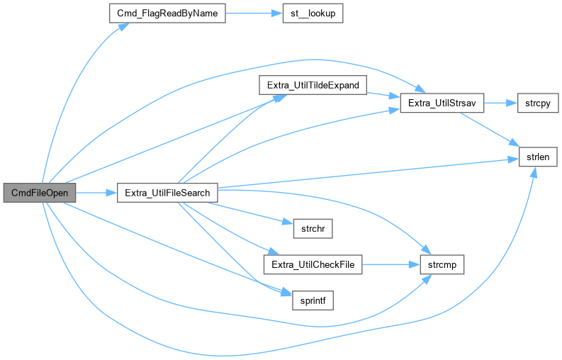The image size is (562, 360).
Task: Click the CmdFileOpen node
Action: coord(39,193)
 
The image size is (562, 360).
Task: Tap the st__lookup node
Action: coord(311,13)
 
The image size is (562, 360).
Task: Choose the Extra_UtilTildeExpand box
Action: coord(313,86)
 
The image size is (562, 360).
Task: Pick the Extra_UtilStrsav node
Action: coord(442,103)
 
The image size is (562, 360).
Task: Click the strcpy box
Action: coord(538,103)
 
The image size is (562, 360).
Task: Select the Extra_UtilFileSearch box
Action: coord(167,193)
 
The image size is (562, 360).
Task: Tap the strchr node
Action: coord(313,228)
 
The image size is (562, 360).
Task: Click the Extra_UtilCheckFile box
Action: coord(313,264)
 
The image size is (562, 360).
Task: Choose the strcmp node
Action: coord(442,264)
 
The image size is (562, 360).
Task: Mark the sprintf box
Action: coord(313,300)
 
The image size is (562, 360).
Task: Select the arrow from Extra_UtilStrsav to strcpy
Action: coord(500,103)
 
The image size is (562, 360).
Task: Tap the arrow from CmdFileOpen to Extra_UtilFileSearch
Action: coord(96,193)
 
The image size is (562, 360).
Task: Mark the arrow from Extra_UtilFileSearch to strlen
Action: coord(369,173)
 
